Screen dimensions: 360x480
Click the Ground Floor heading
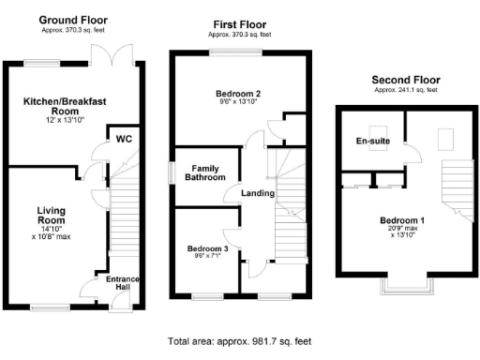(72, 20)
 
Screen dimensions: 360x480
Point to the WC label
(124, 138)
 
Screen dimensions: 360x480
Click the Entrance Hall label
(124, 284)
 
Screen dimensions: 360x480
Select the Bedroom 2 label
(237, 94)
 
